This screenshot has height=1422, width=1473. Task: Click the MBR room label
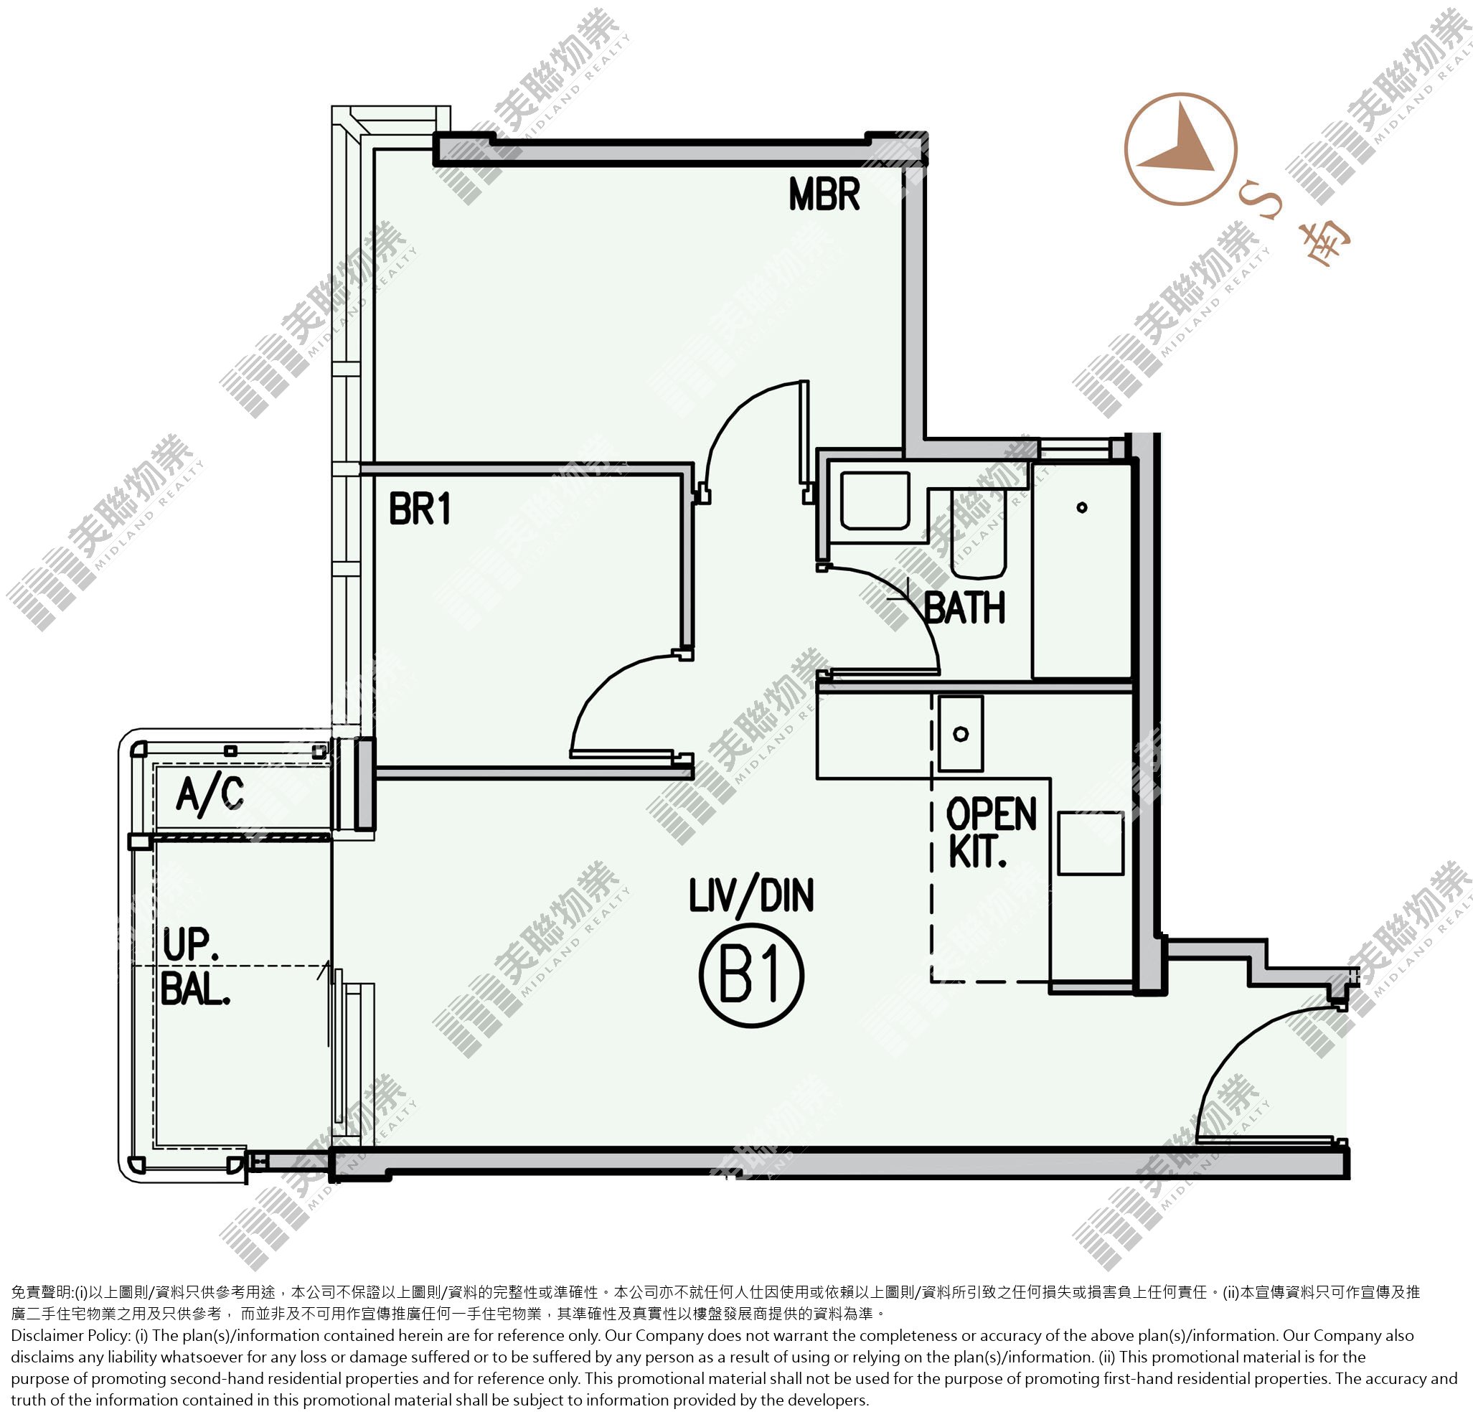(824, 194)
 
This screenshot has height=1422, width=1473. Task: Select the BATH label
(964, 608)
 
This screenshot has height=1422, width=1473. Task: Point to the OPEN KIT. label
(992, 834)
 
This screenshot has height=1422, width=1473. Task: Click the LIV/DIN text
(751, 897)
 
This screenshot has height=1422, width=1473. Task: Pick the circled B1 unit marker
(751, 976)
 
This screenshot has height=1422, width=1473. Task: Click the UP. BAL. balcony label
(194, 969)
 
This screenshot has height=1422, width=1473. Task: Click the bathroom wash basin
(875, 501)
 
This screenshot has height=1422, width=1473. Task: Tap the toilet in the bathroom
(978, 533)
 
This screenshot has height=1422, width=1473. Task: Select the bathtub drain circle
(1081, 507)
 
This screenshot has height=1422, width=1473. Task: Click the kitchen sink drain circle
(961, 733)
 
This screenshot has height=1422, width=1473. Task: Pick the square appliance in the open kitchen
(1091, 843)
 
